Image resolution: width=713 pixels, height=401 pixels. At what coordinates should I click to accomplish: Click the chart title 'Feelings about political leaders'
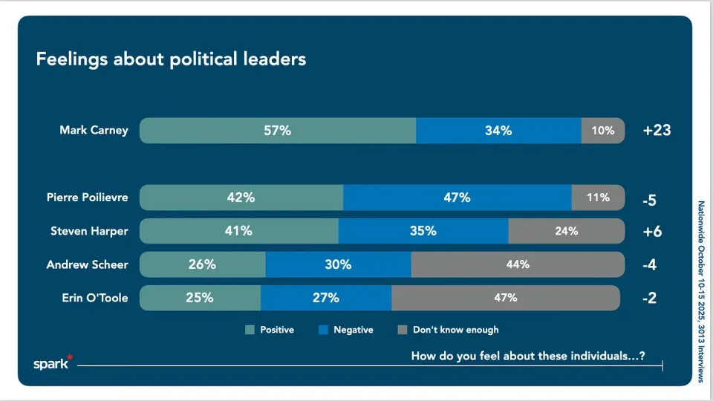(171, 59)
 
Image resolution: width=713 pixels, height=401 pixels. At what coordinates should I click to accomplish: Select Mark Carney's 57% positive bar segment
(278, 131)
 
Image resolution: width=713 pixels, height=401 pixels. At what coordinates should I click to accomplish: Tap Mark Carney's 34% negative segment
(498, 131)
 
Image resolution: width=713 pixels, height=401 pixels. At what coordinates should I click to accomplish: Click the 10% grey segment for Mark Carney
(603, 131)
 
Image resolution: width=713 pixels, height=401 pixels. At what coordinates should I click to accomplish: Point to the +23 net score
(657, 131)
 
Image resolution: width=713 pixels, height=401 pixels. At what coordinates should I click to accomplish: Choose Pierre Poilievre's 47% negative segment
(458, 198)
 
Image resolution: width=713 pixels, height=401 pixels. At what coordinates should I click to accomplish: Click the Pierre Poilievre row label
(87, 198)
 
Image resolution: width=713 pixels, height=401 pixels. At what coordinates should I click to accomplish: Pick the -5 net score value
(648, 199)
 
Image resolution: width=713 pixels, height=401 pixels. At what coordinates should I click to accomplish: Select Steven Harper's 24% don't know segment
(566, 231)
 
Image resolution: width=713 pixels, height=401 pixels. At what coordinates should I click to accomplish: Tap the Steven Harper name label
(89, 231)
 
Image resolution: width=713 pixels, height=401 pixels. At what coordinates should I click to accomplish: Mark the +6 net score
(651, 232)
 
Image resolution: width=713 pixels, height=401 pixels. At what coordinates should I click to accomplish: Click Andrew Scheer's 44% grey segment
(518, 264)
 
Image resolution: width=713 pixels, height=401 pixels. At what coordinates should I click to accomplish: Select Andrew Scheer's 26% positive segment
(202, 264)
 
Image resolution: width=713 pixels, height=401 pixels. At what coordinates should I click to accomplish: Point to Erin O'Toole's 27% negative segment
(326, 298)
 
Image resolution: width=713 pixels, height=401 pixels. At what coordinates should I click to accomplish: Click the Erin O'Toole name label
(94, 298)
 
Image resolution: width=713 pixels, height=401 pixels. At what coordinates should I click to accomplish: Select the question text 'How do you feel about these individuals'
(527, 356)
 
